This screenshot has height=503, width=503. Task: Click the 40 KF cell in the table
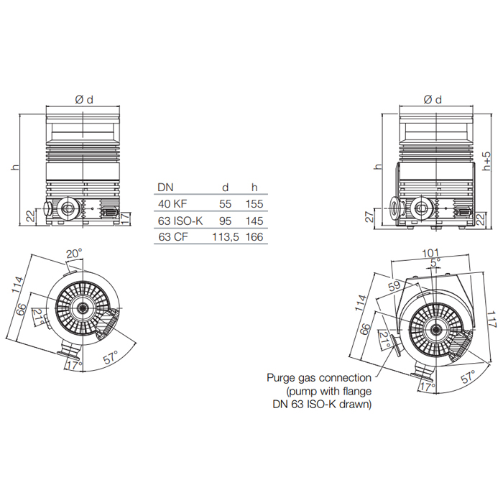(172, 203)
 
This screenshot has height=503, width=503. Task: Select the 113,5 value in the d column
(225, 237)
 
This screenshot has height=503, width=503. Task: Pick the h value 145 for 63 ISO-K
(254, 221)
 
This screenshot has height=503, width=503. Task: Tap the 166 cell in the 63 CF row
(254, 237)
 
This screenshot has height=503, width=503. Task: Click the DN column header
(165, 188)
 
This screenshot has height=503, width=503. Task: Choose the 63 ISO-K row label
(180, 221)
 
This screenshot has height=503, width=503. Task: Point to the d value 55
(225, 203)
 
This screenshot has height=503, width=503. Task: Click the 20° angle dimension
(74, 254)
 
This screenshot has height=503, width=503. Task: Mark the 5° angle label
(435, 262)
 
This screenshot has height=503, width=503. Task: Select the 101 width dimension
(430, 253)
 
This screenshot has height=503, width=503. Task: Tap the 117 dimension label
(491, 319)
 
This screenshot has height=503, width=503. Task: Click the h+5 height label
(486, 162)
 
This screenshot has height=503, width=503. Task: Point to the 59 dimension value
(394, 286)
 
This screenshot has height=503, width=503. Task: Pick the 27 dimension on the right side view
(369, 217)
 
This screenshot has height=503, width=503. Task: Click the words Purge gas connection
(319, 378)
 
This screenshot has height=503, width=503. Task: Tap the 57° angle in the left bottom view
(111, 357)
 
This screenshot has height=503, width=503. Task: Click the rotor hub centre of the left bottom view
(83, 308)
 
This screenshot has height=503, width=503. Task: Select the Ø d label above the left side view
(84, 100)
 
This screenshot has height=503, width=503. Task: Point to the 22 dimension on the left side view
(31, 216)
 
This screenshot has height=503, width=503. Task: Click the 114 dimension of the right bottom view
(360, 303)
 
